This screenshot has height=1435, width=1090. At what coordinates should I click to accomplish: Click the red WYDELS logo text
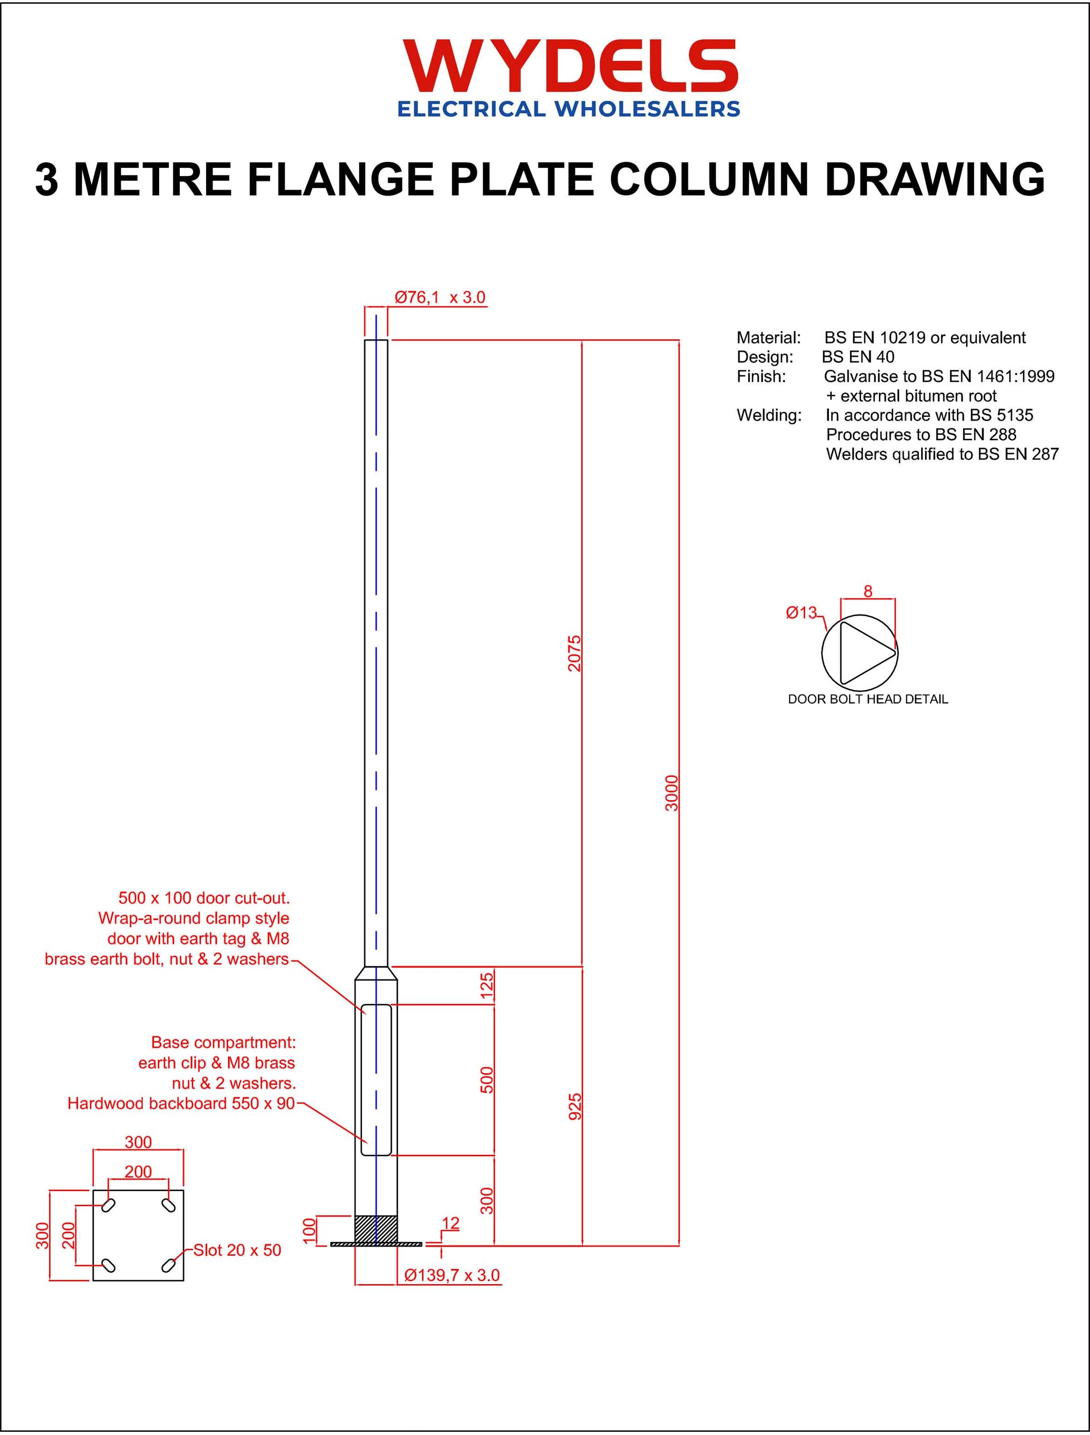[x=570, y=67]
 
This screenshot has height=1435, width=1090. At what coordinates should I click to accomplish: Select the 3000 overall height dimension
[x=672, y=793]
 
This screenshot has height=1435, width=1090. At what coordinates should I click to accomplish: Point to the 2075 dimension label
[x=575, y=653]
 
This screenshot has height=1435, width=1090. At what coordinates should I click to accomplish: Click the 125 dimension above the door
[x=487, y=986]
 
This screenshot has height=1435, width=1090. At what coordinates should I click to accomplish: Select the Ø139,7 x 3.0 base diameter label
[x=452, y=1275]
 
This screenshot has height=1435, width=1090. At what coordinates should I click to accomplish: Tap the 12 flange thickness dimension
[x=450, y=1223]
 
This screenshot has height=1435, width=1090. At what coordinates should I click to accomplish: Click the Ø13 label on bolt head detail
[x=801, y=612]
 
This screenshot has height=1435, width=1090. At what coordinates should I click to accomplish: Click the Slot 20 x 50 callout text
[x=238, y=1250]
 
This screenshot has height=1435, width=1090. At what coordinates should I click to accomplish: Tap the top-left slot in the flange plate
[x=109, y=1205]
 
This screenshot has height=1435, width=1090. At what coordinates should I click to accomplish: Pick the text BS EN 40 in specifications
[x=858, y=357]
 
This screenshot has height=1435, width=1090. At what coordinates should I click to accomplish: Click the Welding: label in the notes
[x=769, y=415]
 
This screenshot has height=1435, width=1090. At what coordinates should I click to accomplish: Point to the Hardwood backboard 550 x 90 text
[x=181, y=1104]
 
